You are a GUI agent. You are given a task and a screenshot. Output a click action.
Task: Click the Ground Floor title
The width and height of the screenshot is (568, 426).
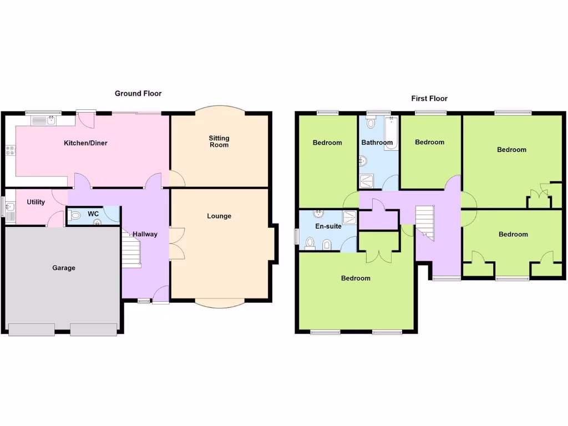138,94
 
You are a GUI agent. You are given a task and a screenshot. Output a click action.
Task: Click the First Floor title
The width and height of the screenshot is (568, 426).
429,99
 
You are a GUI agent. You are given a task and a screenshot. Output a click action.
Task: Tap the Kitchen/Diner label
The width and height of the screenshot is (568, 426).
85,143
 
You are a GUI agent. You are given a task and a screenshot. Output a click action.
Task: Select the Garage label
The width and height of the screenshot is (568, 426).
64,268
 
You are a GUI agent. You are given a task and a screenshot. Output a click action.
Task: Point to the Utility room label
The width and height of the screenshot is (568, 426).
36,202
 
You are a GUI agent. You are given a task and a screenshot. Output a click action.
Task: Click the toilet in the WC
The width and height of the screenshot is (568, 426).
76,215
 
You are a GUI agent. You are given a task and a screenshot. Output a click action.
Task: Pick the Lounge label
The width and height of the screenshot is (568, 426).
219,216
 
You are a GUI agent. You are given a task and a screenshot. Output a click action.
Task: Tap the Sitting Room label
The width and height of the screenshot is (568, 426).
219,141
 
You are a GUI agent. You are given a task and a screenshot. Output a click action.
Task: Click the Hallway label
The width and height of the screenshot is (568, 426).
145,234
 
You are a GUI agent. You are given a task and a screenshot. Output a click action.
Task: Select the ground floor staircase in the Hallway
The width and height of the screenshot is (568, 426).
131,250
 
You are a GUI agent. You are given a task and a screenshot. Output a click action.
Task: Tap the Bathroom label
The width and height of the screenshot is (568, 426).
377,143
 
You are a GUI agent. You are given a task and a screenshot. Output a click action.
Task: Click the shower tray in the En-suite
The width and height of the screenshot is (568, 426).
350,217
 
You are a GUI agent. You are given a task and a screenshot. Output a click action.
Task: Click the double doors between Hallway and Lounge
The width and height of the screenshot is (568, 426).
176,243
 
